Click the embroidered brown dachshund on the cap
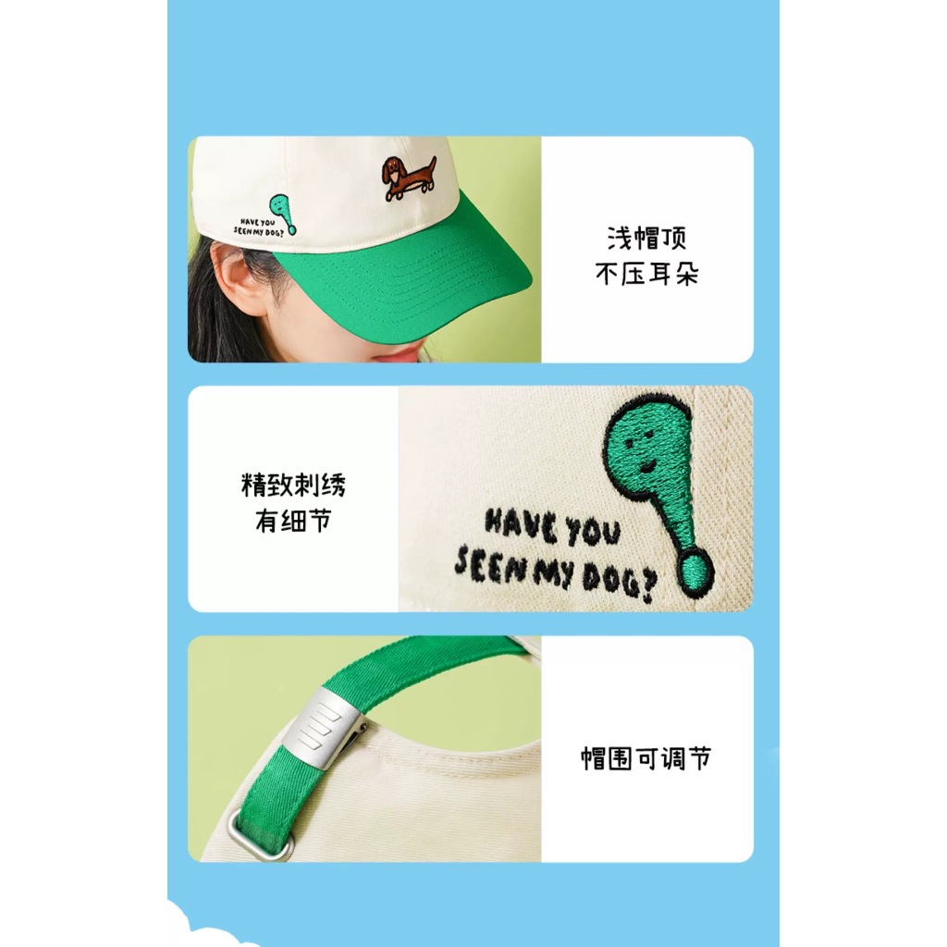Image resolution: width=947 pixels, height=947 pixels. (x=408, y=178)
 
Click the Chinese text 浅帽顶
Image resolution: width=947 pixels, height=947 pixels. (x=646, y=239)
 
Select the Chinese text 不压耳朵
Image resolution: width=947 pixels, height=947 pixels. (x=646, y=274)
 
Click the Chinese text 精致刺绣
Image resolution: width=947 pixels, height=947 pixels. (x=293, y=485)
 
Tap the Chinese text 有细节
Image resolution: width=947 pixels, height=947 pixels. (x=293, y=521)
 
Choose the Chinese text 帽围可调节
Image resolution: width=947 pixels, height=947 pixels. (x=646, y=758)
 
